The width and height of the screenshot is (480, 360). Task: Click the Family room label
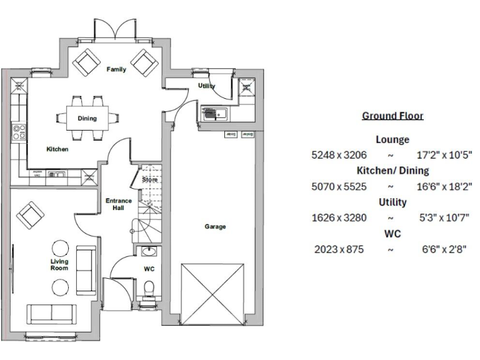[x=116, y=69]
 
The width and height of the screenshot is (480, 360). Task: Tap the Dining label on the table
[x=87, y=118]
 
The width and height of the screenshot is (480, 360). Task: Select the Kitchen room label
[x=57, y=149]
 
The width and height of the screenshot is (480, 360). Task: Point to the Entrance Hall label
[x=118, y=204]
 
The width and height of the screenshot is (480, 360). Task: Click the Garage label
[x=215, y=226]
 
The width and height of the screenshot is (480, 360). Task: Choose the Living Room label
[x=59, y=265]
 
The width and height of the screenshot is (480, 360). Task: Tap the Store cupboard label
[x=149, y=180]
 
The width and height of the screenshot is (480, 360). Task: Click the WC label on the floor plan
[x=149, y=269]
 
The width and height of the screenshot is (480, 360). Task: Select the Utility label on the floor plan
[x=206, y=86]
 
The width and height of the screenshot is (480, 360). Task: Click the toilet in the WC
[x=149, y=289]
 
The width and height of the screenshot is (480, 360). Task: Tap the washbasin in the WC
[x=148, y=252]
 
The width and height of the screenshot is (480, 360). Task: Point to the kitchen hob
[x=19, y=131]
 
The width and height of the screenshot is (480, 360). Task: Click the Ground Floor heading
[x=392, y=116]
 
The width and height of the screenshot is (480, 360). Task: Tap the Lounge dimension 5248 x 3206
[x=339, y=154]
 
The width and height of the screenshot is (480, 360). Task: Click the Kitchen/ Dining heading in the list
[x=392, y=171]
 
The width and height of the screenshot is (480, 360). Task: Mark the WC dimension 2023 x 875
[x=339, y=249]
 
